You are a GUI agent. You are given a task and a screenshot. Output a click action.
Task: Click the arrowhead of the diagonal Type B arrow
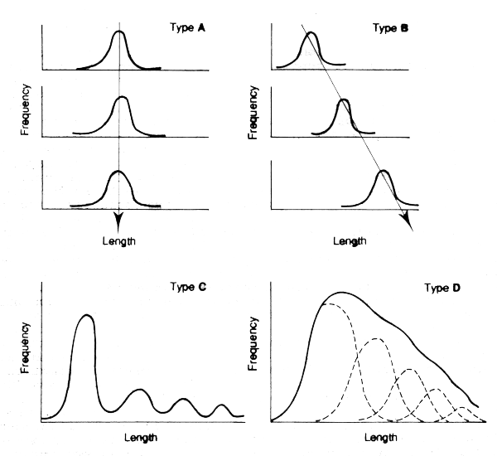405,219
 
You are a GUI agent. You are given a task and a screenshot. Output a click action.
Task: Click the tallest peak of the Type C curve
85,315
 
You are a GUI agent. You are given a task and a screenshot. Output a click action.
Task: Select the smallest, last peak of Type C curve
221,405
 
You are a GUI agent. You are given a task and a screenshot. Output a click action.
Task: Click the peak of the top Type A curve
119,32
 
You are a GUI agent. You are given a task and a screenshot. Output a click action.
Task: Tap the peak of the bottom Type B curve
382,171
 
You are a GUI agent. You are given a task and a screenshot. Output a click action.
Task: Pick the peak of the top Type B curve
309,33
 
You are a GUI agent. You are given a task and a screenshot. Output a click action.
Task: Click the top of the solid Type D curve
341,292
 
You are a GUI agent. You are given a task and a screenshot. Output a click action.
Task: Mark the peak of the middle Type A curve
122,97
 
